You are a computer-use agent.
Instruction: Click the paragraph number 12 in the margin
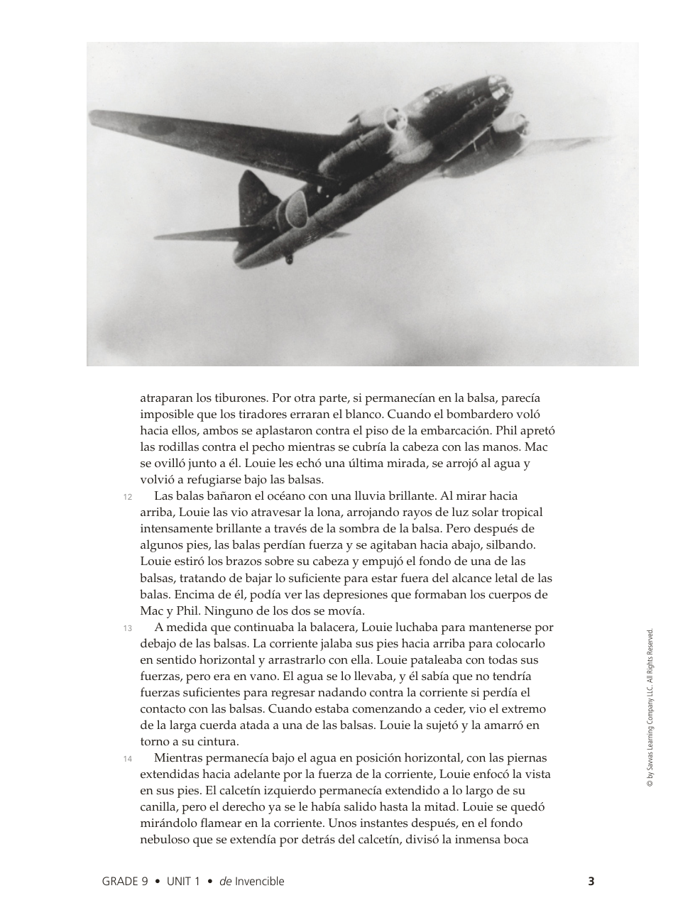127,497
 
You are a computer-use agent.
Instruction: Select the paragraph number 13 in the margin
127,628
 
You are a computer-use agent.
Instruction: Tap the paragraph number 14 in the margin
127,759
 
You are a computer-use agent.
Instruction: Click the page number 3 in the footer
591,882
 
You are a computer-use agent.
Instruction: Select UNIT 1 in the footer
183,882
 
